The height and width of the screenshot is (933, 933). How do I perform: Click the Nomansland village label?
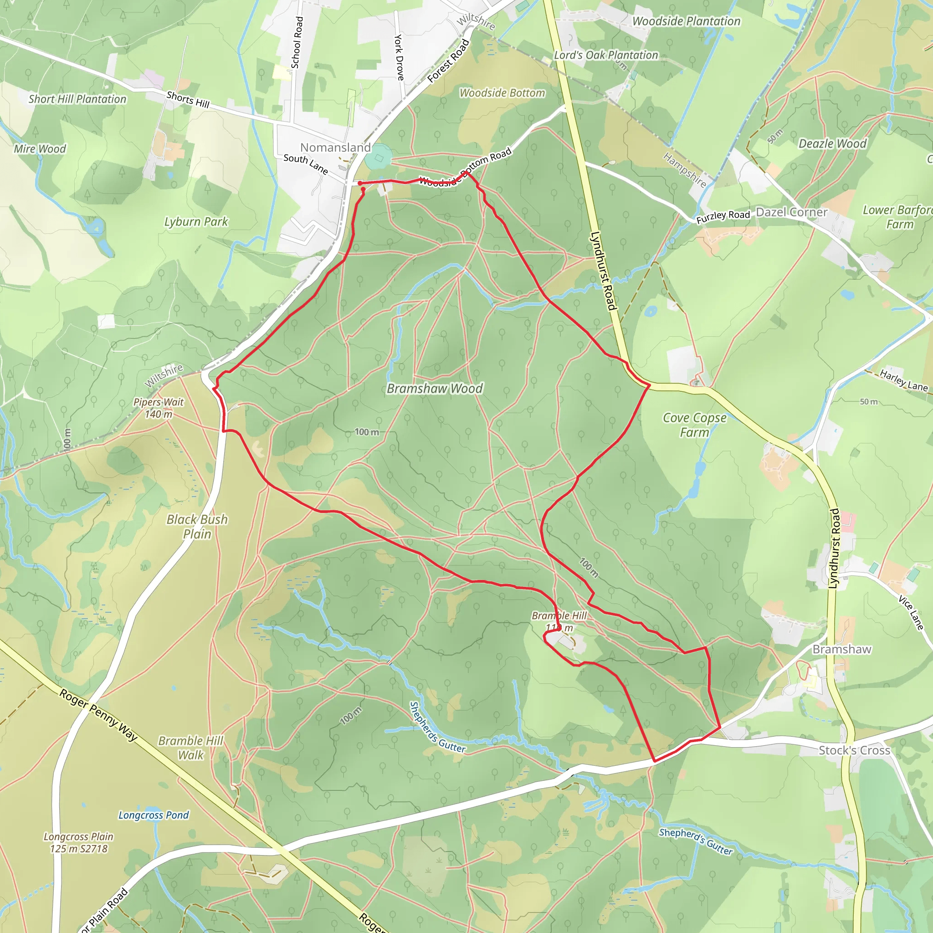pyautogui.click(x=335, y=147)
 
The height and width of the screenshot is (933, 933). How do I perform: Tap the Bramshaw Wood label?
pyautogui.click(x=435, y=389)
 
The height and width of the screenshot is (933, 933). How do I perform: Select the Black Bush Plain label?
pyautogui.click(x=197, y=526)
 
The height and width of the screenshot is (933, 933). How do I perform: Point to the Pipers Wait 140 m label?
pyautogui.click(x=159, y=408)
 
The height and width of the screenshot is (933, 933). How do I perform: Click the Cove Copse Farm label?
pyautogui.click(x=694, y=425)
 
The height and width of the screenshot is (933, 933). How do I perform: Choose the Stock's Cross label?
pyautogui.click(x=854, y=750)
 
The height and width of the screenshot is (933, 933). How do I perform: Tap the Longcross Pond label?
pyautogui.click(x=154, y=815)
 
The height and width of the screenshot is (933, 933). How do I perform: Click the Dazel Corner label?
pyautogui.click(x=791, y=212)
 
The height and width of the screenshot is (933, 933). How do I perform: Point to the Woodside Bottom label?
pyautogui.click(x=502, y=93)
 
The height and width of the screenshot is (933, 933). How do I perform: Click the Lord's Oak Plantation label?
pyautogui.click(x=606, y=55)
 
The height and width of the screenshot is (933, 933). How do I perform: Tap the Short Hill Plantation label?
pyautogui.click(x=77, y=99)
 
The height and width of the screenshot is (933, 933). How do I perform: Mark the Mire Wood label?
pyautogui.click(x=40, y=149)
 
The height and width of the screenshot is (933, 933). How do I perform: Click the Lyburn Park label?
pyautogui.click(x=196, y=222)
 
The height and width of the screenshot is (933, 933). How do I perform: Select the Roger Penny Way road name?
pyautogui.click(x=99, y=715)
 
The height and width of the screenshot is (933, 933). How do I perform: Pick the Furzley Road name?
pyautogui.click(x=723, y=217)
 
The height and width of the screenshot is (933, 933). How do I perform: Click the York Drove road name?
pyautogui.click(x=399, y=57)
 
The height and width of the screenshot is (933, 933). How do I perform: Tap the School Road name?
pyautogui.click(x=297, y=42)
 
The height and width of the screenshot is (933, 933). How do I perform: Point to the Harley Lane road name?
pyautogui.click(x=903, y=380)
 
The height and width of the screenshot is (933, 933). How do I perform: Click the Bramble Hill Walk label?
pyautogui.click(x=191, y=748)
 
